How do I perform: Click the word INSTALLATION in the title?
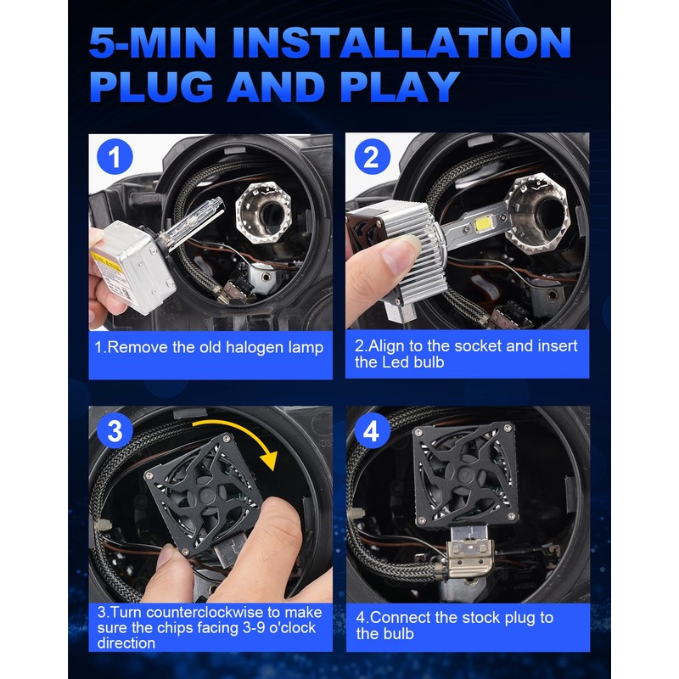[401, 42]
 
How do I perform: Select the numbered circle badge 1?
[115, 157]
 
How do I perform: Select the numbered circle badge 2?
[372, 157]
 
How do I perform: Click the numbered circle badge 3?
[115, 431]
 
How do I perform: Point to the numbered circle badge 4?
[372, 431]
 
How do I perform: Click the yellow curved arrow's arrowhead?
[268, 460]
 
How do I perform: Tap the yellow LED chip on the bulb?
[482, 225]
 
